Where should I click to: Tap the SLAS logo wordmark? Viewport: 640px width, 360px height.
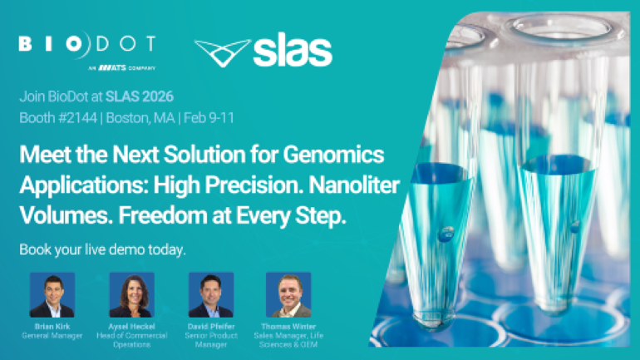point(292,52)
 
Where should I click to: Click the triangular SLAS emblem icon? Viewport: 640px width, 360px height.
point(222,52)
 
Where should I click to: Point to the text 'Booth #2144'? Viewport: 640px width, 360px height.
point(53,117)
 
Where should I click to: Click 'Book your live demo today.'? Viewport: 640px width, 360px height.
point(101,249)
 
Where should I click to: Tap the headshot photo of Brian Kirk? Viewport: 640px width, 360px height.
point(52,294)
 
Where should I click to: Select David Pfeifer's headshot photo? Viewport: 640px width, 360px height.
point(211,294)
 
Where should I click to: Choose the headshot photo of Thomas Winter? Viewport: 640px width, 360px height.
point(288,294)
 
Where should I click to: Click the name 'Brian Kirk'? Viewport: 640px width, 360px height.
point(52,326)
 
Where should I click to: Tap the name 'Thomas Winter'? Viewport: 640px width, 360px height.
point(288,326)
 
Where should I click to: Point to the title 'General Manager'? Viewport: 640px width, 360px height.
point(52,335)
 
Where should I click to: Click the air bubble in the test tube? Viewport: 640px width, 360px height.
point(446,234)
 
